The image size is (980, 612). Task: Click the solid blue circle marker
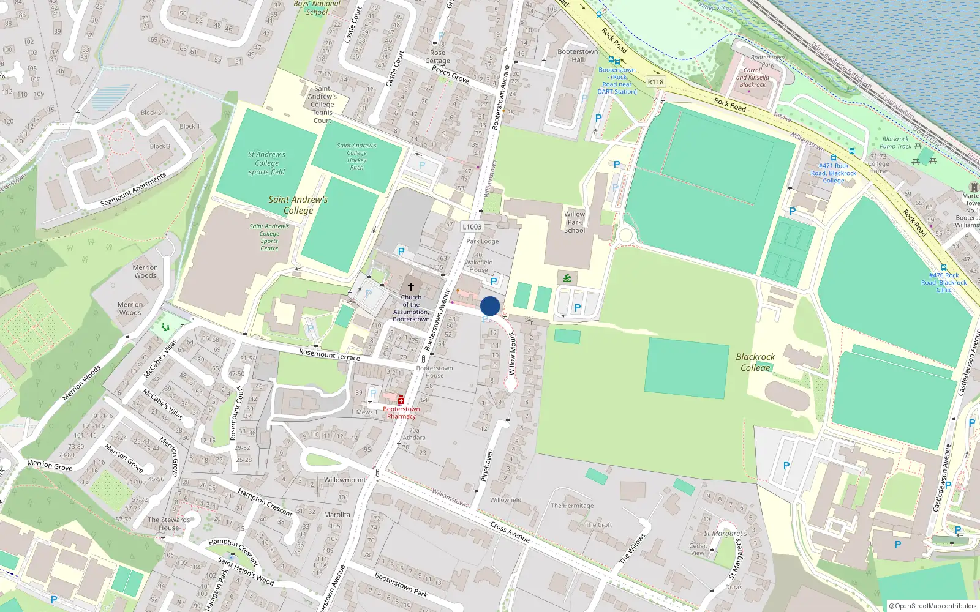point(490,306)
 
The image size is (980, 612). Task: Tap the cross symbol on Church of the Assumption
point(411,286)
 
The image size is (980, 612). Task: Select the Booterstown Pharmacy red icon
point(401,400)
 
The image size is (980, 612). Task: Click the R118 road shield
point(655,81)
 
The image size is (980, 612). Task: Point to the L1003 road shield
point(472,226)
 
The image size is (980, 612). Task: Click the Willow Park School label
point(575,222)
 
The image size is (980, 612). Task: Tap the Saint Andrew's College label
point(298,205)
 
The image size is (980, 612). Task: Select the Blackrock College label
point(755,362)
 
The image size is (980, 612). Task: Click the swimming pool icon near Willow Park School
point(567,278)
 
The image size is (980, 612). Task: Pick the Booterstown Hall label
point(578,56)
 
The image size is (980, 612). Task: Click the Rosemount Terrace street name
point(330,354)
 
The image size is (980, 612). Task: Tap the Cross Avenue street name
point(510,532)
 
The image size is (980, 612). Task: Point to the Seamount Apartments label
point(133,190)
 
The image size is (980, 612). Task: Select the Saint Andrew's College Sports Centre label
point(269,237)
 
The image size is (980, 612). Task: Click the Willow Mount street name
point(513,354)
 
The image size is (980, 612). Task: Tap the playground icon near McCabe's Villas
point(165,327)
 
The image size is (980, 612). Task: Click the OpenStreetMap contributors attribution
point(933,606)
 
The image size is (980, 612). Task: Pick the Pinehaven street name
point(487,466)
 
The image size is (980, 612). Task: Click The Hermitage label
point(572,506)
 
